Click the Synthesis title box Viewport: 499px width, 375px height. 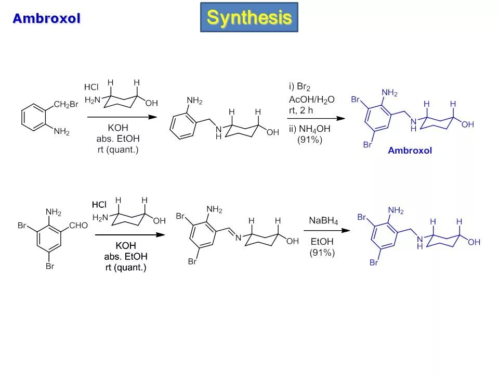[249, 17]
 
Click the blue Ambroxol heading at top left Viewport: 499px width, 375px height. [47, 19]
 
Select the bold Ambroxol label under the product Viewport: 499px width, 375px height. [410, 151]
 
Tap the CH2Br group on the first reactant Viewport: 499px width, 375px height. [66, 104]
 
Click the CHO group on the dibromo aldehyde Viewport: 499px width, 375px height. [78, 226]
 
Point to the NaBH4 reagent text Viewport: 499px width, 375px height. [323, 221]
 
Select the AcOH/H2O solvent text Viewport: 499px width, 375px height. [312, 99]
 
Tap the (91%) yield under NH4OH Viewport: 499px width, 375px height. [310, 140]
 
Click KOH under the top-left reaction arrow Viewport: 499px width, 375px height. [118, 128]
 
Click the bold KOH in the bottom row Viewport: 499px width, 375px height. [125, 245]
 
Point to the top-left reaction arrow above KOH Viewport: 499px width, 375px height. [122, 117]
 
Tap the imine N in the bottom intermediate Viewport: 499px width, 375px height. [238, 238]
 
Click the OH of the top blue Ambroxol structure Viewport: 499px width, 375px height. [468, 124]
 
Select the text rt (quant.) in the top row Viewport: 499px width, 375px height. [117, 150]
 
